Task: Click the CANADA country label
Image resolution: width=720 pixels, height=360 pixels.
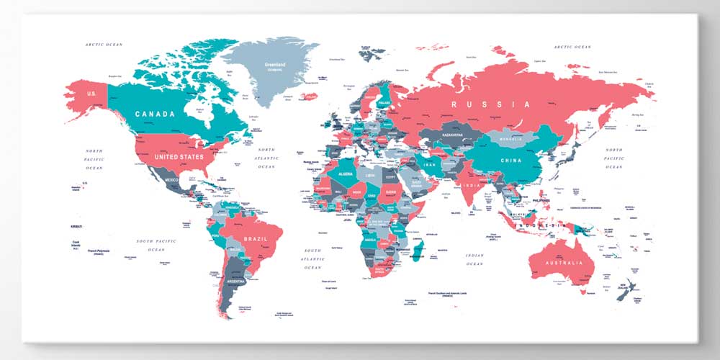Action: click(x=155, y=114)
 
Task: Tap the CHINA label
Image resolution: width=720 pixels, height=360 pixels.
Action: click(x=511, y=160)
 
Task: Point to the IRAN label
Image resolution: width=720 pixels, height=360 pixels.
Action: click(x=431, y=165)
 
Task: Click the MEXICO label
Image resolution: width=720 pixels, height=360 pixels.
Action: click(x=171, y=180)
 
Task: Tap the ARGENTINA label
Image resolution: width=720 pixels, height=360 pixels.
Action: click(x=235, y=281)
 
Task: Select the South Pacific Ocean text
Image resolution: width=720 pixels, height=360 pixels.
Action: click(x=156, y=245)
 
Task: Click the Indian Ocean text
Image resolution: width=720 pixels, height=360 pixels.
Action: click(x=474, y=259)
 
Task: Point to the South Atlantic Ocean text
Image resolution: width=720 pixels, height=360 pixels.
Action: click(x=312, y=258)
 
